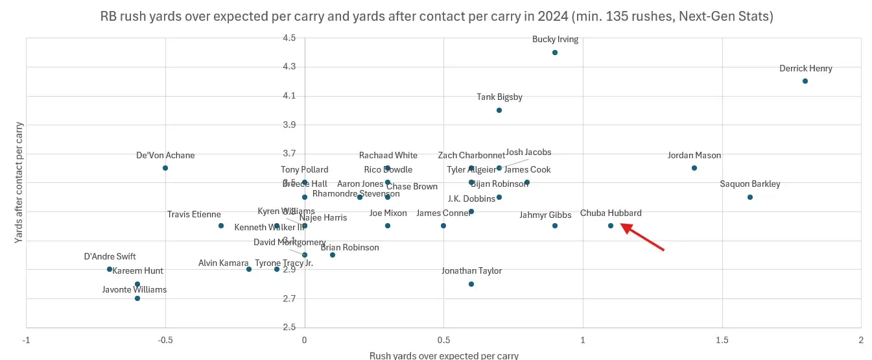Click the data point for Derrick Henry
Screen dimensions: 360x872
pos(805,81)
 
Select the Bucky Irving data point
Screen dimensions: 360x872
pos(555,53)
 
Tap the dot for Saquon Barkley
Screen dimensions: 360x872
pos(749,197)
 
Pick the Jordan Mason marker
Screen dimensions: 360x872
pos(694,168)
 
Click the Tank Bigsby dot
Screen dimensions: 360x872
pos(499,110)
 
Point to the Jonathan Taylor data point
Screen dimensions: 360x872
pos(471,284)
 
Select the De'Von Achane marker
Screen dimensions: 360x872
pos(165,168)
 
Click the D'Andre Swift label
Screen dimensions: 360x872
pos(110,257)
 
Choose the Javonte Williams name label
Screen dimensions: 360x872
pos(134,289)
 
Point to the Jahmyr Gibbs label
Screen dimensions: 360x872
pos(545,215)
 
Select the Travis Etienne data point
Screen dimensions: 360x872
pos(221,226)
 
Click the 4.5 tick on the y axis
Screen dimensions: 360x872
pos(289,38)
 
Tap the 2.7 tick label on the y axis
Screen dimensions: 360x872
pos(289,298)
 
